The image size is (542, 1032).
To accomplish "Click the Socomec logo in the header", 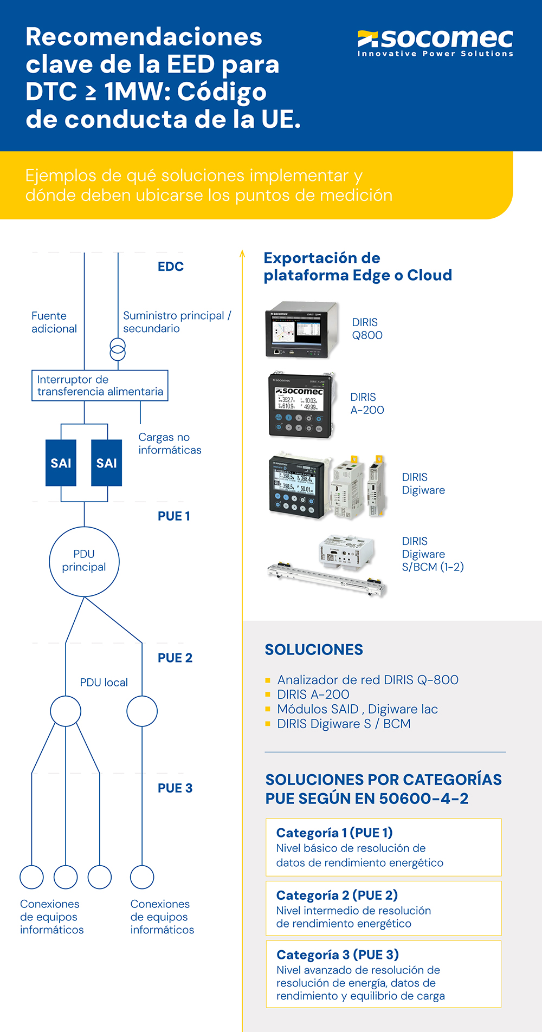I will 435,42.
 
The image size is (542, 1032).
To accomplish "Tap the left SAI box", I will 61,463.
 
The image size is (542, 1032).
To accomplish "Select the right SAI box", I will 106,463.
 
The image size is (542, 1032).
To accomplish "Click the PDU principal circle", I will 84,561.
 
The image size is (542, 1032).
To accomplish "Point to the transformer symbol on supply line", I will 118,349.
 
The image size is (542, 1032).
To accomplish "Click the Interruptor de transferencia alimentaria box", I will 100,386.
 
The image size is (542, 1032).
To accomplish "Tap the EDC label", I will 171,267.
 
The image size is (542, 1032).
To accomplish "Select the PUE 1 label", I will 173,516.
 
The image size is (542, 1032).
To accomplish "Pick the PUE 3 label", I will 175,788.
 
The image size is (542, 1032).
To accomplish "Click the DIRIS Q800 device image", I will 301,329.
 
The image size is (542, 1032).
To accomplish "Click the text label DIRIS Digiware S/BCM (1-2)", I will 433,554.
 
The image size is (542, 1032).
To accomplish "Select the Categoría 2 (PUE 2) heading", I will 337,895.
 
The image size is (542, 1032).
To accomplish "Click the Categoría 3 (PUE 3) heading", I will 337,955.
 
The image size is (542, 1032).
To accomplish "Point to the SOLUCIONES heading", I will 314,650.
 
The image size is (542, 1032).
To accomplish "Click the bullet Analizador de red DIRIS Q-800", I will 367,680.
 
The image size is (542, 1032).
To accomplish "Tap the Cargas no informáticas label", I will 170,444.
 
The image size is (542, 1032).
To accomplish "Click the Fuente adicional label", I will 54,322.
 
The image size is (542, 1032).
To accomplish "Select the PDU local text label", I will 104,683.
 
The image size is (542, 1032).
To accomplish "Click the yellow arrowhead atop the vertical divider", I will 242,254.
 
